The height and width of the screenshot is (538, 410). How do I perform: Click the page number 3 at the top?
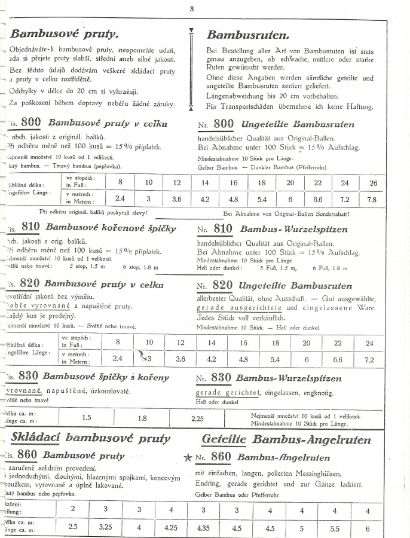point(191,8)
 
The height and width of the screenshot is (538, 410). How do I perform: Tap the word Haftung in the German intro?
point(357,107)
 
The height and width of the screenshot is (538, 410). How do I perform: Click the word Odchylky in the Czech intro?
point(26,91)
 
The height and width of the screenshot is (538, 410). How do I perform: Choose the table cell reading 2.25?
point(197,418)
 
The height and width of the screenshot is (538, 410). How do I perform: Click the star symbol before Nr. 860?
point(188,458)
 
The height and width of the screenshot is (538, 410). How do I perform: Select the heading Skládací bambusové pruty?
point(90,438)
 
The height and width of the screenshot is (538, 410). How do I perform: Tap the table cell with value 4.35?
point(204,528)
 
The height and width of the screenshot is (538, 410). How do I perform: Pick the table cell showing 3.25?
point(106,528)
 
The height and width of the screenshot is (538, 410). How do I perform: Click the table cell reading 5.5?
point(334,528)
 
